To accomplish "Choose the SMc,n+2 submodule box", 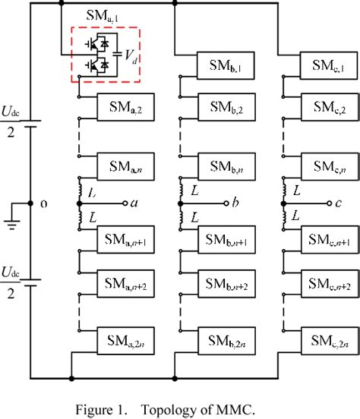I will [x=327, y=285].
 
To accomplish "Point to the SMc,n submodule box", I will [x=327, y=165].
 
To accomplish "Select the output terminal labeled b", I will [x=226, y=203].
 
